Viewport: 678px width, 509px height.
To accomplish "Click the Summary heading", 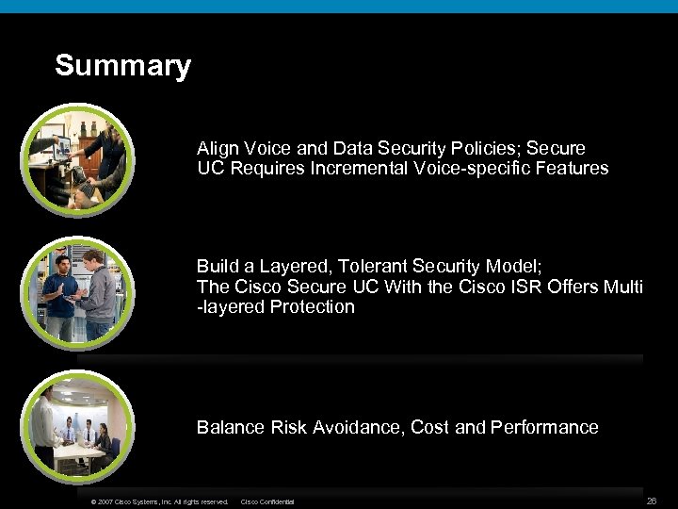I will point(122,66).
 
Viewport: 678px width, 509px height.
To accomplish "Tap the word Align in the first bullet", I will point(218,149).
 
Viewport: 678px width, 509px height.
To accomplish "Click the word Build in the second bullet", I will point(218,266).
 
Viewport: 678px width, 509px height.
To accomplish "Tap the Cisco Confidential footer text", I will point(268,501).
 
